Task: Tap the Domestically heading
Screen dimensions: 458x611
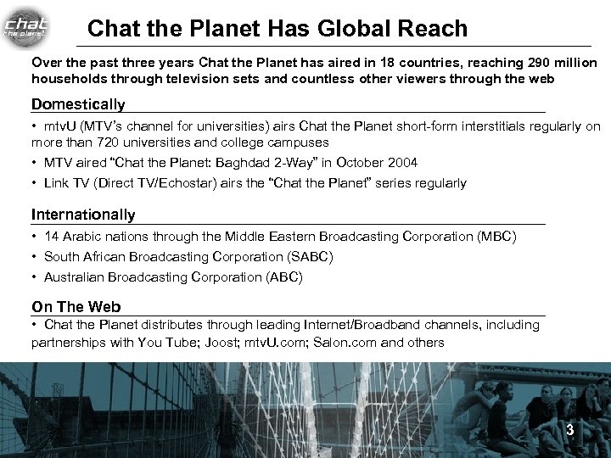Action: (78, 104)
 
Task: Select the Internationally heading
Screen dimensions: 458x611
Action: (83, 215)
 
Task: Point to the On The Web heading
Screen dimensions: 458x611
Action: (76, 306)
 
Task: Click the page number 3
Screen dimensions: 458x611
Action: (570, 430)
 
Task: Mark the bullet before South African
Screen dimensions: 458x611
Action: (35, 256)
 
